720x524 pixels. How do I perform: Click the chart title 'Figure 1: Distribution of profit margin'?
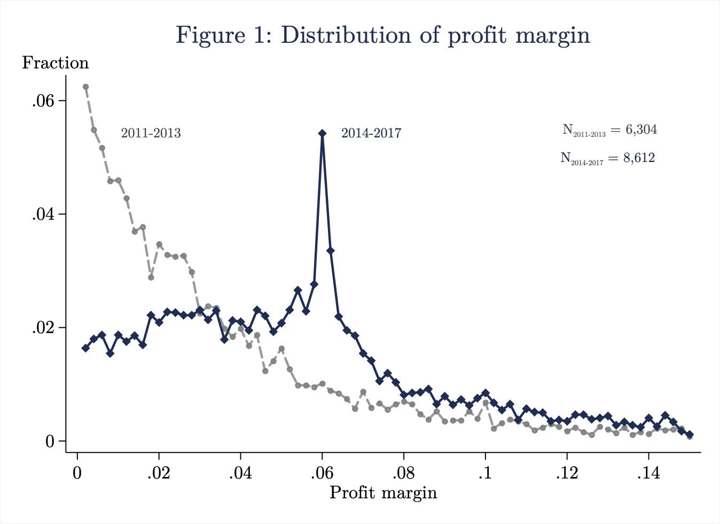(383, 35)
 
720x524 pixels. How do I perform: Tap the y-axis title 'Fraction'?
(55, 63)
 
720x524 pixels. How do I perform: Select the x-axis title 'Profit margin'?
(383, 492)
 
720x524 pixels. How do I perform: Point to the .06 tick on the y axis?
(43, 101)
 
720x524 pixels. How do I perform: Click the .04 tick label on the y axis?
(43, 214)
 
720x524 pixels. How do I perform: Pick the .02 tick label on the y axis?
(43, 327)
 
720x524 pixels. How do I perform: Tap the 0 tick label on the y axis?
(50, 441)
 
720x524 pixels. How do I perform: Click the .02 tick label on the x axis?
(159, 474)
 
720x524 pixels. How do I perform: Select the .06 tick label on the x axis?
(322, 474)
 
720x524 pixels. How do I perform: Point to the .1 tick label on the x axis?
(485, 474)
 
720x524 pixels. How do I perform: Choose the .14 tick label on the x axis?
(648, 474)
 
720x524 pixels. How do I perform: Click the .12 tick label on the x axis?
(567, 474)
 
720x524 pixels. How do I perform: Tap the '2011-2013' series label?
(151, 133)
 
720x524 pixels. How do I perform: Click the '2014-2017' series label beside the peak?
(371, 133)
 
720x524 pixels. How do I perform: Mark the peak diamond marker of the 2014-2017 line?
(322, 133)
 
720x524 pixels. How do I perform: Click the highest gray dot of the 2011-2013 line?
(85, 87)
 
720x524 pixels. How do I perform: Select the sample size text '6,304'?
(641, 129)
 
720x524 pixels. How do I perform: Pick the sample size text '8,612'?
(639, 158)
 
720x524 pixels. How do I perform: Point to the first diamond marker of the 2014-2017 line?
(85, 348)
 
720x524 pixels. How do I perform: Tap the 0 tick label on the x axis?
(77, 474)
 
